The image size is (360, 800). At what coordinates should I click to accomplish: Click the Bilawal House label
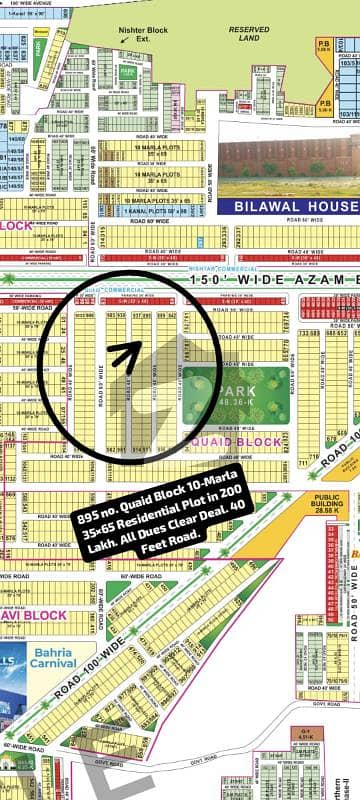(x=295, y=207)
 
